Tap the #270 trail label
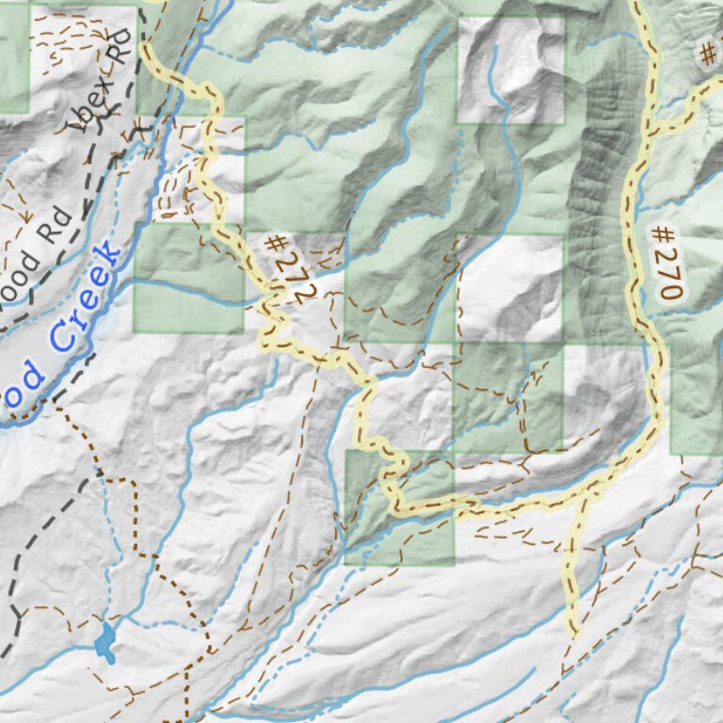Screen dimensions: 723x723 pos(665,261)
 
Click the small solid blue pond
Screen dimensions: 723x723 pos(104,643)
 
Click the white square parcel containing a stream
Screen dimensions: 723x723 pos(510,71)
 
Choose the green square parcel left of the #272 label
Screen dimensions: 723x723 pos(188,278)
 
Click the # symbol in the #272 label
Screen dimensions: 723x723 pos(275,243)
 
